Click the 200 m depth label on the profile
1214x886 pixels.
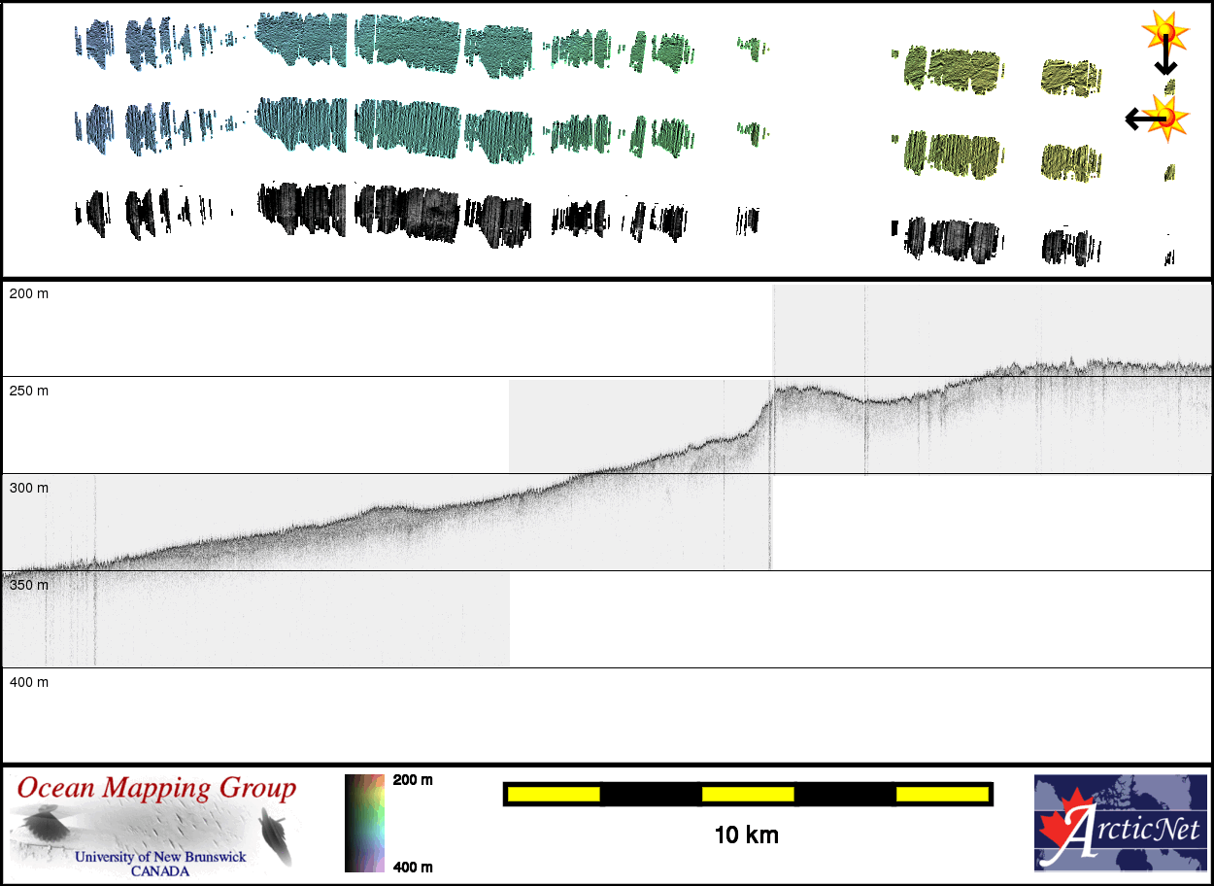point(28,293)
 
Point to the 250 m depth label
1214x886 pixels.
point(28,391)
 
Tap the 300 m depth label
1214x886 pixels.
point(28,488)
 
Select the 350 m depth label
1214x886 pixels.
point(28,585)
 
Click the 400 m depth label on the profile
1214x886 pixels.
point(28,682)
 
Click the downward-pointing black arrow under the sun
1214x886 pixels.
point(1164,60)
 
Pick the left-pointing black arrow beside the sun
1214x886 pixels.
point(1142,119)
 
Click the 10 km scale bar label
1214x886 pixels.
point(746,835)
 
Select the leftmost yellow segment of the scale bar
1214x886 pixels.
point(553,794)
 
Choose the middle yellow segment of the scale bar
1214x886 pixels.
point(747,794)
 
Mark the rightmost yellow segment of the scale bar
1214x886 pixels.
point(941,794)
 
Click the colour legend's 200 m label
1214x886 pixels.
point(413,780)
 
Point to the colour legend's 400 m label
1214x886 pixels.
point(413,867)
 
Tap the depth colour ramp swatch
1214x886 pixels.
point(365,823)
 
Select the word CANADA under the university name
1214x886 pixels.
point(160,870)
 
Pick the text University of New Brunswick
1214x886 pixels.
point(160,857)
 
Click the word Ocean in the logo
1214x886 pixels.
point(57,788)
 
